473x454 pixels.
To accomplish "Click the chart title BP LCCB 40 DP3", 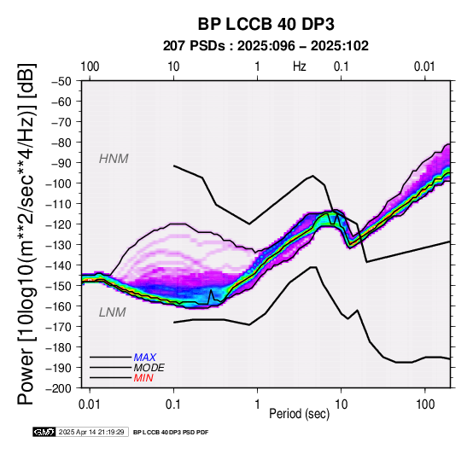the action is tap(266, 24).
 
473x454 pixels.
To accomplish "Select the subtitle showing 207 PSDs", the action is tap(266, 46).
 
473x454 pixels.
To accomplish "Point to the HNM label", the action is tap(114, 159).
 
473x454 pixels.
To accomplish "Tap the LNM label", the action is tap(112, 312).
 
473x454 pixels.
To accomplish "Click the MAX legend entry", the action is tap(145, 358).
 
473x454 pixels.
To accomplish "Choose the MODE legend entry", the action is tap(149, 368).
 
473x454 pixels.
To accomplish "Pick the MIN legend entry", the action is tap(143, 378).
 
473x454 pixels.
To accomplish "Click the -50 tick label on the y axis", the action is tap(61, 81).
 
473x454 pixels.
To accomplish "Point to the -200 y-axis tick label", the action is tap(59, 388).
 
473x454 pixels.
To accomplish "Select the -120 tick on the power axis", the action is tap(59, 224).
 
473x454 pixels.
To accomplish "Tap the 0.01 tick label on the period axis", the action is tap(90, 405).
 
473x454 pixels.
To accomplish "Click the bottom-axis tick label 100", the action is tap(425, 405).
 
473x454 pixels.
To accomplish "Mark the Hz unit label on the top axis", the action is tap(300, 67).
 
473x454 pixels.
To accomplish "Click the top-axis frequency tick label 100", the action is tap(90, 67).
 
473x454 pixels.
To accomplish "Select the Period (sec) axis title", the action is tap(299, 414).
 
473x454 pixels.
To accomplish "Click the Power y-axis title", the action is tap(26, 234).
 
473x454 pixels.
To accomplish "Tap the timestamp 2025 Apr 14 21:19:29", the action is tap(91, 432).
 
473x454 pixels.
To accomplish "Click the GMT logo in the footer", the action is tap(44, 432).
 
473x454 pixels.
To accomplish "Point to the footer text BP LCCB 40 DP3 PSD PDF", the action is tap(171, 433).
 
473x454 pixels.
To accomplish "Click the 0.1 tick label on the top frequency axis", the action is tap(342, 67).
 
